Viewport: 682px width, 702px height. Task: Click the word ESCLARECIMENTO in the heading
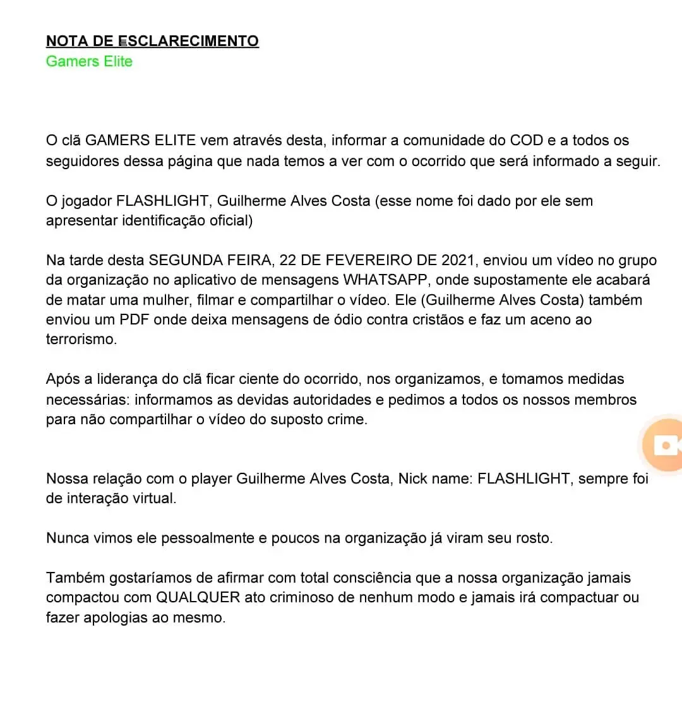click(188, 41)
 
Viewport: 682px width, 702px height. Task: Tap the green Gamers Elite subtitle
click(89, 61)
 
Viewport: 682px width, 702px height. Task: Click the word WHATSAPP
click(386, 280)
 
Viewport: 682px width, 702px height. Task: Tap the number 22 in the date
click(288, 260)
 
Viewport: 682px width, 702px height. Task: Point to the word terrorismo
click(81, 339)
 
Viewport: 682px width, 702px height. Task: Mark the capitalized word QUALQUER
click(198, 597)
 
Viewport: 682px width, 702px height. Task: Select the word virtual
click(152, 497)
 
